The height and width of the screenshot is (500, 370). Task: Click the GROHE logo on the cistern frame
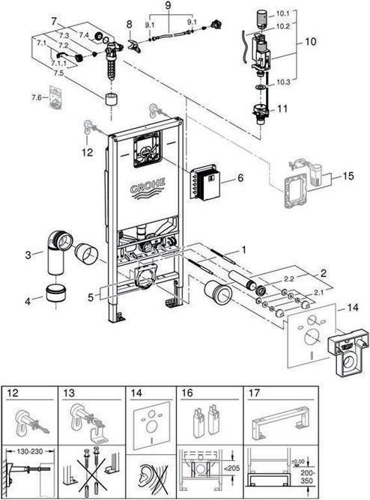pos(148,189)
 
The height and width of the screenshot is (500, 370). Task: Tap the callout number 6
pos(240,177)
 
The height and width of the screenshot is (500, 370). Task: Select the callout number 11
pos(282,109)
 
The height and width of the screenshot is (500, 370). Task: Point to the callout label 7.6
pos(37,97)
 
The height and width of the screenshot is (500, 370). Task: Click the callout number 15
pos(348,176)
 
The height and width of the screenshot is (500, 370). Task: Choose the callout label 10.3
pos(283,82)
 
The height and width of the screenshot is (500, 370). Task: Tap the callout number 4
pos(28,301)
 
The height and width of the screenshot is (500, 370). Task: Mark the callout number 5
pos(91,297)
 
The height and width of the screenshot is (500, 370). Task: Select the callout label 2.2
pos(289,278)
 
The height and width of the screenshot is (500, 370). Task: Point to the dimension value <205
pos(232,468)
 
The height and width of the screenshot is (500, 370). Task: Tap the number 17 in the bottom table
pos(254,393)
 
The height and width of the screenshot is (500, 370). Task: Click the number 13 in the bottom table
pos(68,393)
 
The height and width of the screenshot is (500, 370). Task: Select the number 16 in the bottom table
pos(187,393)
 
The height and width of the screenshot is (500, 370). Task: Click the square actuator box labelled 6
pos(204,183)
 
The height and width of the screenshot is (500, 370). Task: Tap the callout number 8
pos(129,24)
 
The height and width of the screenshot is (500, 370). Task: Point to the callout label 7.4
pos(83,36)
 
